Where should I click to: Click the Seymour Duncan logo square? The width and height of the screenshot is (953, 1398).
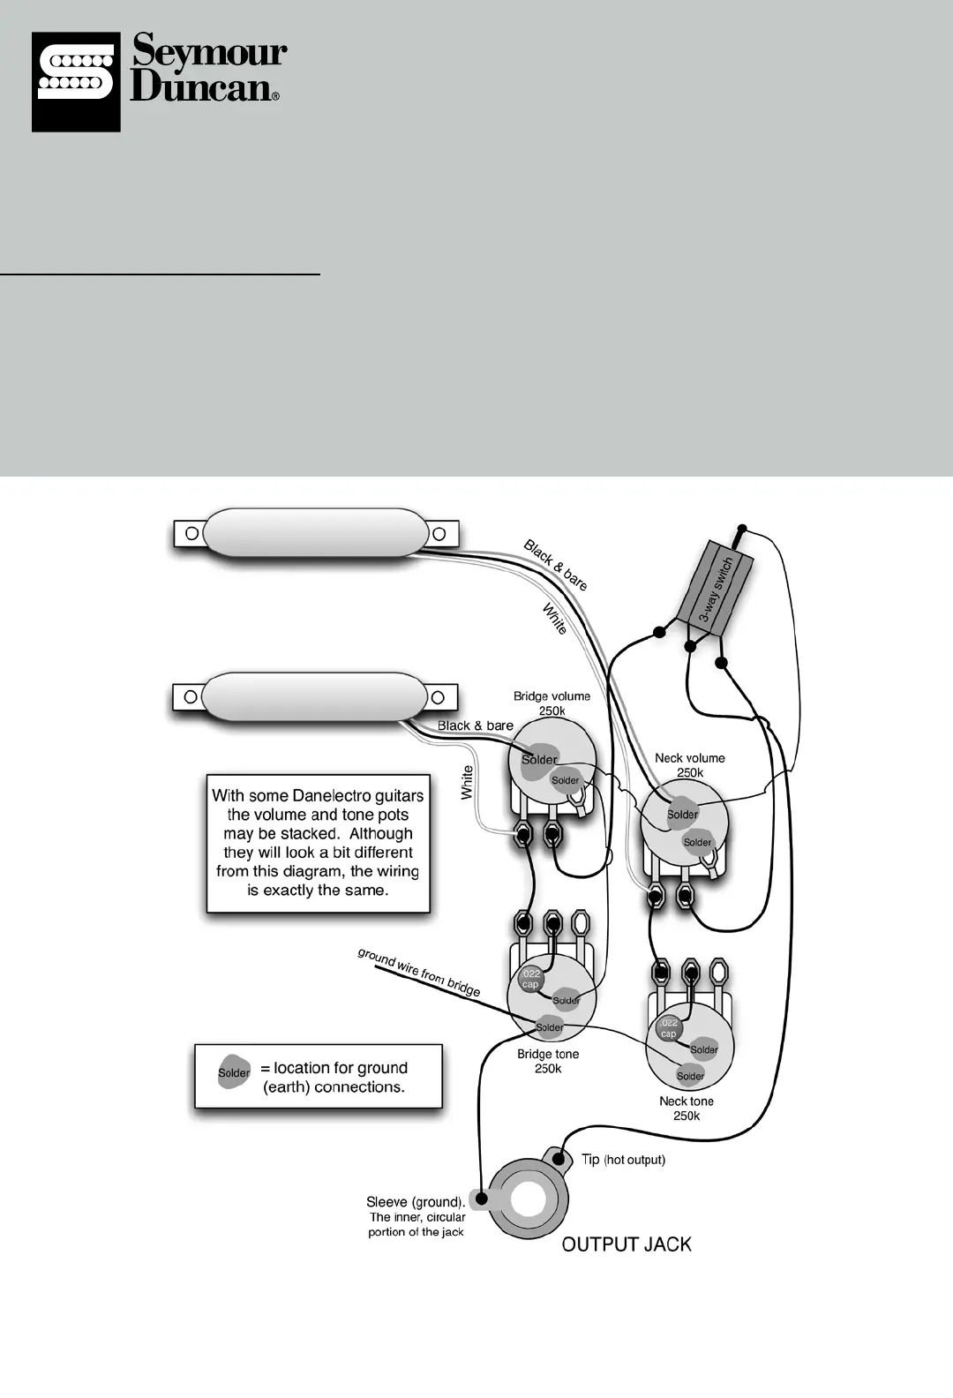click(76, 82)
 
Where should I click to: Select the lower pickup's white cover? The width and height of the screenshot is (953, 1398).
click(314, 696)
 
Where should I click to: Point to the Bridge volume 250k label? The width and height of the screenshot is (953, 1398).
click(552, 703)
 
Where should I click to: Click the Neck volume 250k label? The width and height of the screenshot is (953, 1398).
click(690, 765)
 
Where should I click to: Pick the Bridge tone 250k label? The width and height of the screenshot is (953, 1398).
click(548, 1061)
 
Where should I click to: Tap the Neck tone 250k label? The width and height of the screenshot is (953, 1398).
click(687, 1109)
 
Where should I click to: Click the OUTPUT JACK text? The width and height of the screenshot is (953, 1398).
click(627, 1244)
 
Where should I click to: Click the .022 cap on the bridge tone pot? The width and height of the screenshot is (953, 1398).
click(530, 979)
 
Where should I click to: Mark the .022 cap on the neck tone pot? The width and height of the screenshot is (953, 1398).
click(669, 1028)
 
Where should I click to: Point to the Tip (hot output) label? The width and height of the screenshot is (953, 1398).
click(623, 1160)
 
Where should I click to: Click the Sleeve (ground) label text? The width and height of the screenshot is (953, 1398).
click(416, 1202)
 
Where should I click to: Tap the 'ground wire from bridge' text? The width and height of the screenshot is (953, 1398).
click(419, 972)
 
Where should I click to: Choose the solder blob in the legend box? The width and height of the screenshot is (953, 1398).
click(234, 1072)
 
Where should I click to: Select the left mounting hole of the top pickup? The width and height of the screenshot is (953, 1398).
click(190, 533)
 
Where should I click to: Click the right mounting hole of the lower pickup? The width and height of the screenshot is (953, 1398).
click(439, 697)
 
